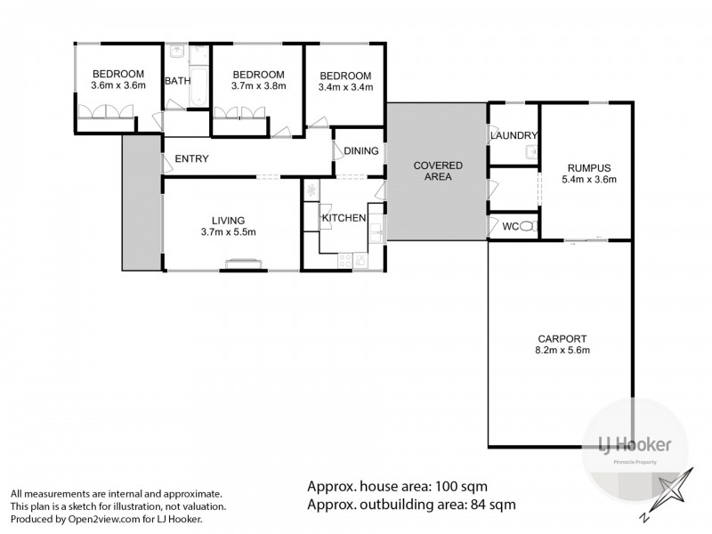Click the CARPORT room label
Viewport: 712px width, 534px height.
(562, 338)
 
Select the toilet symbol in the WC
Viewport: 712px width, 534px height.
(527, 227)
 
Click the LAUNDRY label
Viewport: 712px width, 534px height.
(514, 135)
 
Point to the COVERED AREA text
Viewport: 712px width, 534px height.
(436, 171)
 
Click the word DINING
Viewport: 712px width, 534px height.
(361, 151)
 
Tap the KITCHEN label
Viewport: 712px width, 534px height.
(344, 218)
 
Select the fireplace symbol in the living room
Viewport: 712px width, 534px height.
(241, 262)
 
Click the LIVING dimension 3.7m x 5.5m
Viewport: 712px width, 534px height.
(228, 233)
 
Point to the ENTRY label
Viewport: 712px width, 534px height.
(192, 159)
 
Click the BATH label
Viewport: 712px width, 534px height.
(177, 81)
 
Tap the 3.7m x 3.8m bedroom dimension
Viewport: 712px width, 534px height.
(258, 87)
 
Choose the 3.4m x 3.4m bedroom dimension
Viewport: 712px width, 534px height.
(344, 87)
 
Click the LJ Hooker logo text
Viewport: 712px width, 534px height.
(627, 444)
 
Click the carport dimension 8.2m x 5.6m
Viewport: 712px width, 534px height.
(562, 351)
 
